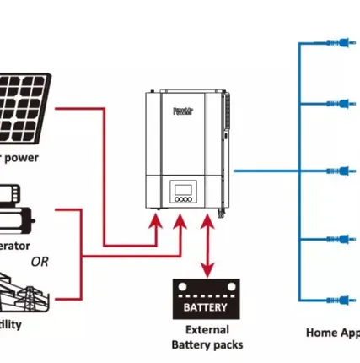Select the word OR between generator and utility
click(x=40, y=261)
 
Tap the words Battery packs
click(x=207, y=345)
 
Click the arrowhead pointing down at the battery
click(x=205, y=272)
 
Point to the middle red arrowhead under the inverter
click(x=179, y=221)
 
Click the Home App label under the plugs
click(x=332, y=333)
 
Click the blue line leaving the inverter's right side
click(x=261, y=170)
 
